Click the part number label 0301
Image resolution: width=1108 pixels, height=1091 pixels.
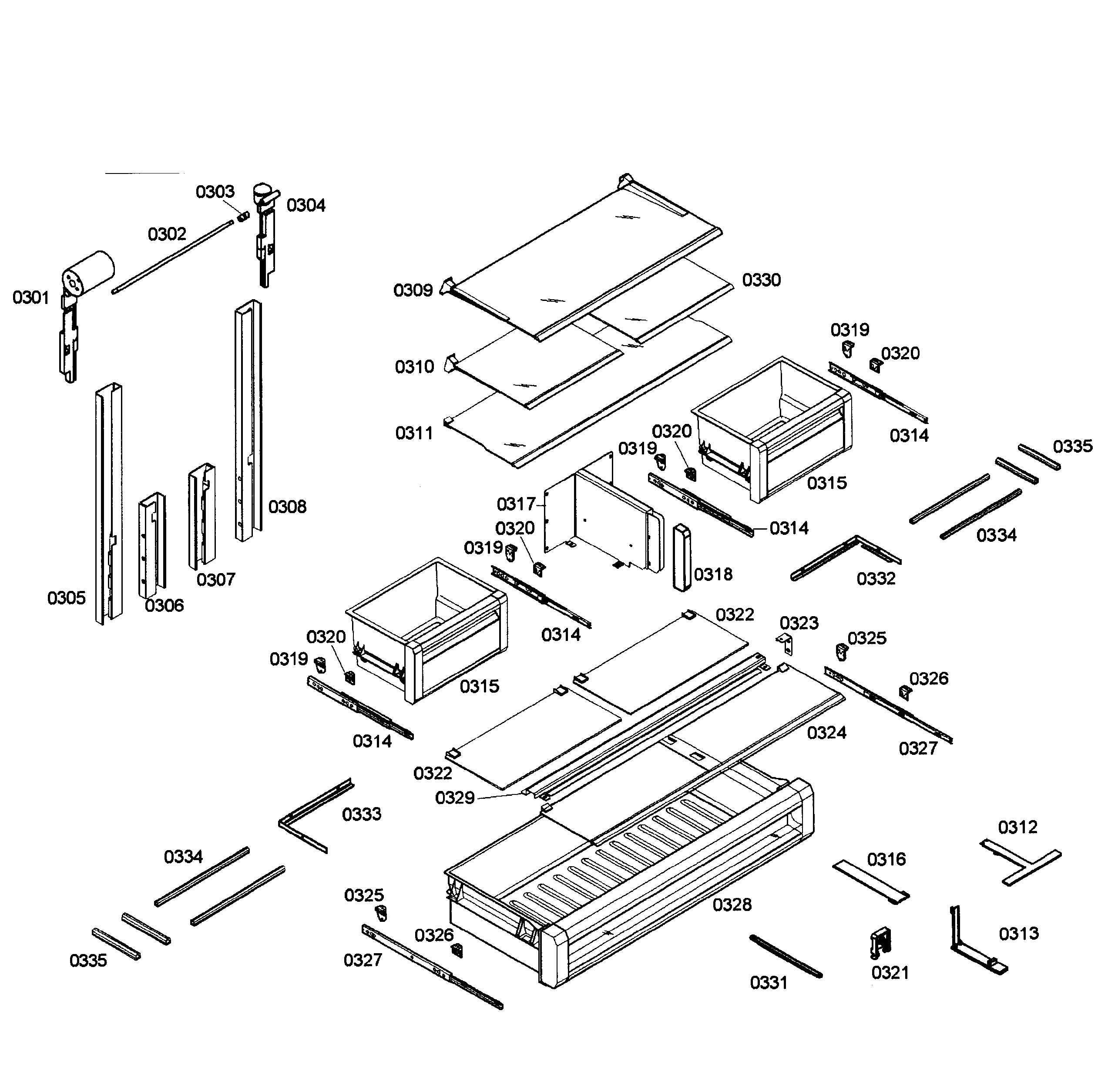click(31, 298)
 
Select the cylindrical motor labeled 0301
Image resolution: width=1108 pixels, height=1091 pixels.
click(89, 273)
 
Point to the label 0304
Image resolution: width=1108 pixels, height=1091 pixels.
click(306, 205)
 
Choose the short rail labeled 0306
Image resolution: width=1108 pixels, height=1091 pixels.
click(151, 545)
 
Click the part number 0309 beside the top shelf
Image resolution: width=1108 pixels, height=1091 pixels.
click(413, 290)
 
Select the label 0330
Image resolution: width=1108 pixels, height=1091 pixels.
click(761, 280)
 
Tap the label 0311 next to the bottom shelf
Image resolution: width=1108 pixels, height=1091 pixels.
click(414, 433)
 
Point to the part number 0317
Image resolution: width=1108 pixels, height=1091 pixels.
click(516, 504)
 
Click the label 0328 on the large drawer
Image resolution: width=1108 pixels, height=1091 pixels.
click(732, 905)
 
